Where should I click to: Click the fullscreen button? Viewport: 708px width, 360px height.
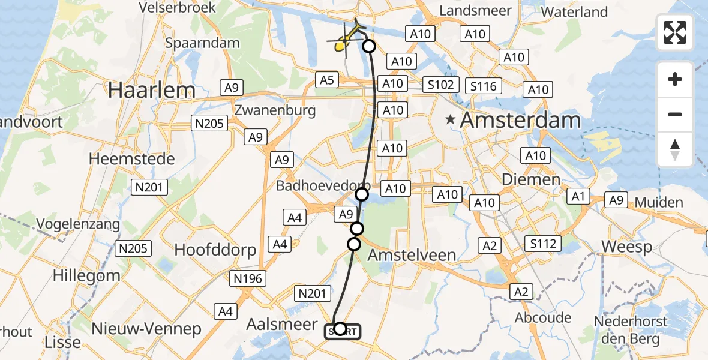(x=675, y=32)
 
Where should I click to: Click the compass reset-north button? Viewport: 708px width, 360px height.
(x=675, y=149)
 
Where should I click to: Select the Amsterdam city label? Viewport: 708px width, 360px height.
(x=520, y=120)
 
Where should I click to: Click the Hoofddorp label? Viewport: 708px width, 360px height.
(x=215, y=250)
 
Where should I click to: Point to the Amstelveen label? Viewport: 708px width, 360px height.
(x=412, y=254)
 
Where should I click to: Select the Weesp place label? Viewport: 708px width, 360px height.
(x=626, y=247)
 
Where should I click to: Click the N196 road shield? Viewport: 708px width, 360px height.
(x=247, y=278)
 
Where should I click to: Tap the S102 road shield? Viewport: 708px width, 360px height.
(x=441, y=85)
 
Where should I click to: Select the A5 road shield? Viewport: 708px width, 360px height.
(x=326, y=79)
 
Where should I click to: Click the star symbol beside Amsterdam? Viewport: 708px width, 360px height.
(x=450, y=120)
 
